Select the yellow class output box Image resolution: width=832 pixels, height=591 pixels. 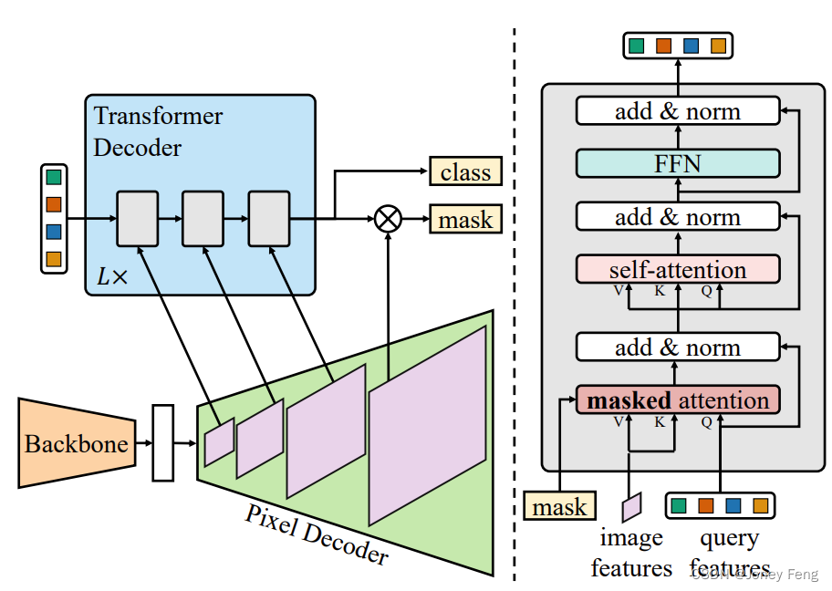click(x=465, y=171)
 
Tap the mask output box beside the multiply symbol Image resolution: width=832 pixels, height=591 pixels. click(x=465, y=220)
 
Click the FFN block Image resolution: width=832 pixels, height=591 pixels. click(x=677, y=164)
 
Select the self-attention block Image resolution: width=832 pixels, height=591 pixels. click(x=677, y=270)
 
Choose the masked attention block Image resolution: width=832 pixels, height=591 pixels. click(x=677, y=400)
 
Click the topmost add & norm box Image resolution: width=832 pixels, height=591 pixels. click(x=677, y=111)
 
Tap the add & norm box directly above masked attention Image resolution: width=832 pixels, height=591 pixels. click(x=677, y=347)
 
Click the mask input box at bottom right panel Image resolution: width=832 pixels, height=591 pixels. click(x=559, y=506)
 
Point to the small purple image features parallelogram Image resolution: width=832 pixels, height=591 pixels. click(x=632, y=505)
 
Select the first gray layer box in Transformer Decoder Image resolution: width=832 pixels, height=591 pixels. click(x=137, y=219)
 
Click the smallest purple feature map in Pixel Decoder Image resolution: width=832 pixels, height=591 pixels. click(x=219, y=441)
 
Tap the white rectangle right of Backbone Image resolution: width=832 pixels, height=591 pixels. click(x=163, y=443)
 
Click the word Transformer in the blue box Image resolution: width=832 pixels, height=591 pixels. click(x=158, y=117)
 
